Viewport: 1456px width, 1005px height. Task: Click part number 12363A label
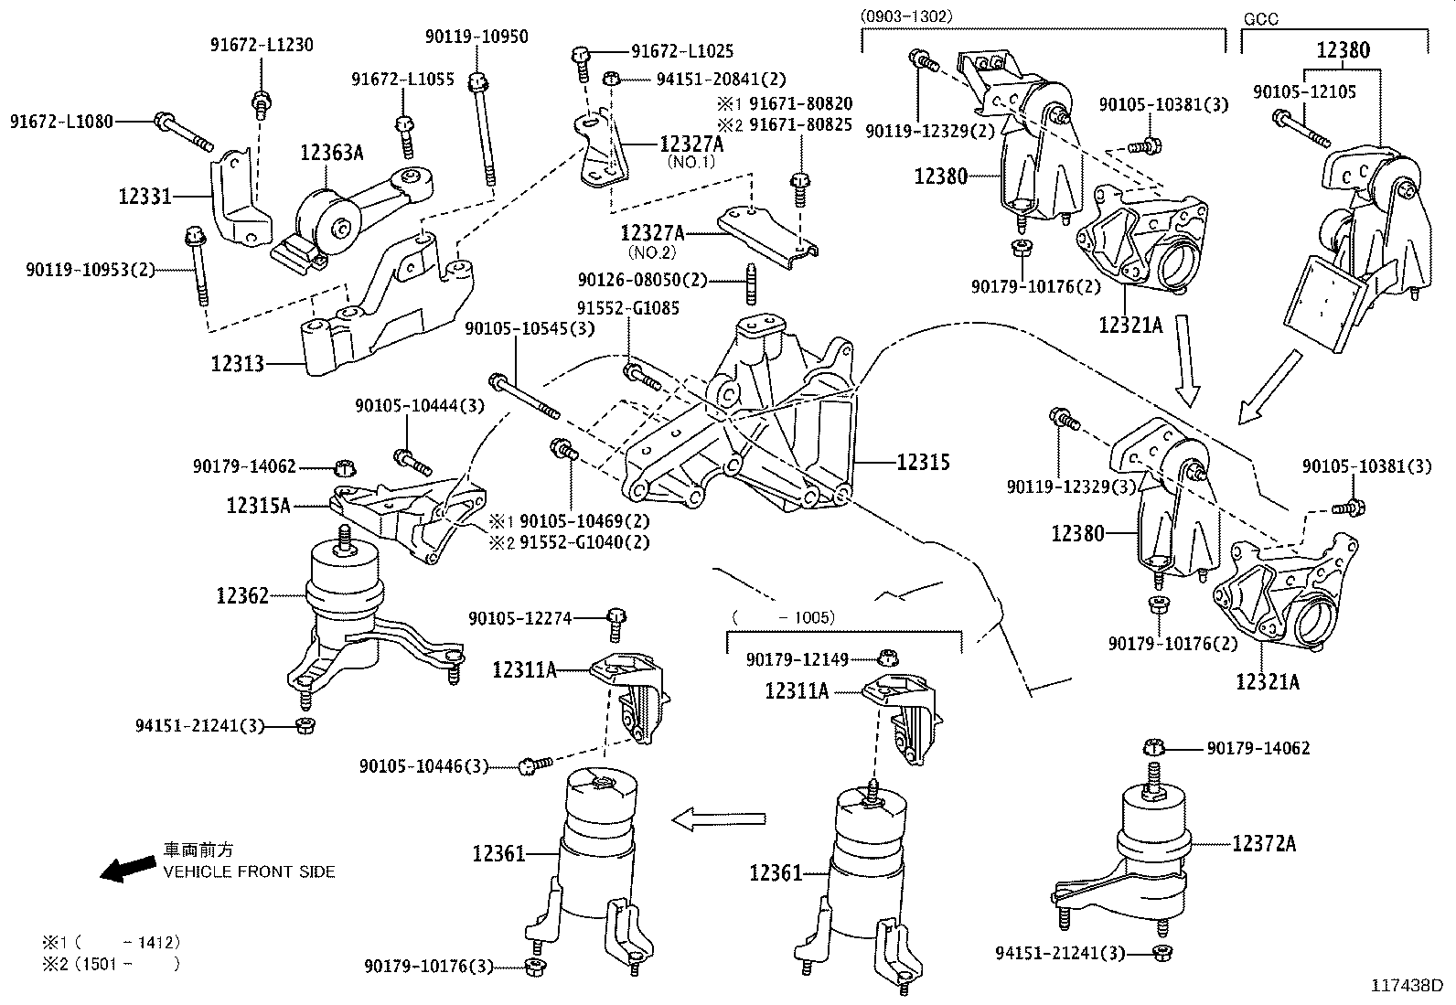331,153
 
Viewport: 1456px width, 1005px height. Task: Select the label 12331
145,195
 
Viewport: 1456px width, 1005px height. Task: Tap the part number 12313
237,364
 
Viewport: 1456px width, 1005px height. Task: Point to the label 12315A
259,504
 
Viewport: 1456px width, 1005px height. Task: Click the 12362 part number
242,596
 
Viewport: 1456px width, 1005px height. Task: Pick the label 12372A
1264,843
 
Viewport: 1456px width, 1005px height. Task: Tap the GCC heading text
1260,17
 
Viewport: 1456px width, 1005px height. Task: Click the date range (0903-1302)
905,16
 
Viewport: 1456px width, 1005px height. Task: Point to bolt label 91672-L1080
62,121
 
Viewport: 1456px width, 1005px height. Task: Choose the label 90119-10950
476,36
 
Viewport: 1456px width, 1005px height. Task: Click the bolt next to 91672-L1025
580,60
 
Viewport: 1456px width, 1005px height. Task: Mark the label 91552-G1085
627,309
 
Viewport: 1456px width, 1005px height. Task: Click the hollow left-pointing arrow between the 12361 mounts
717,818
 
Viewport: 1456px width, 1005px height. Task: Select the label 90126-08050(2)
643,279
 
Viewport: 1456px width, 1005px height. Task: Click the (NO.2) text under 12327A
652,251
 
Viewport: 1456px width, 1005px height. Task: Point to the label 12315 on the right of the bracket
923,463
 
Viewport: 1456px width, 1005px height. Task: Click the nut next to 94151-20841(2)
614,80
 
